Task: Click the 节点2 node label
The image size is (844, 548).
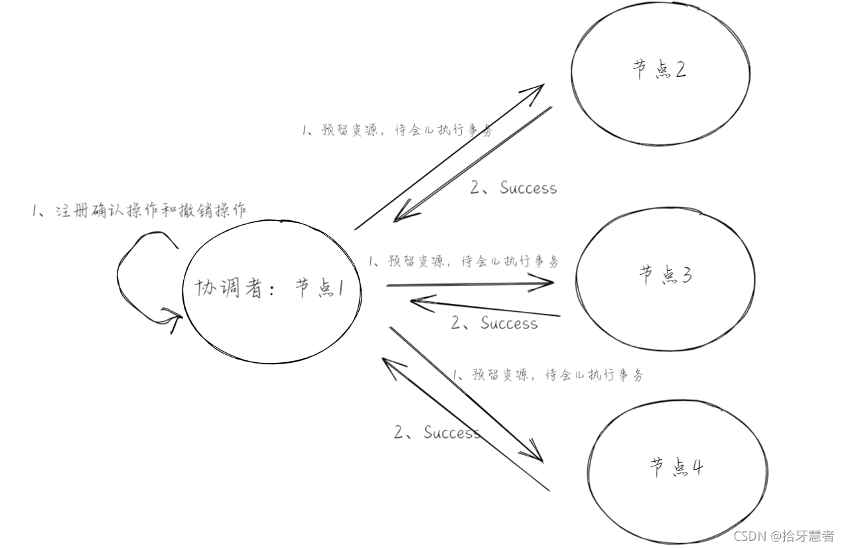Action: tap(660, 69)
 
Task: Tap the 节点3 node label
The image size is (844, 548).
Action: tap(666, 274)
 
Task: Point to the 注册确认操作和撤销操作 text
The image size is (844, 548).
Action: tap(139, 211)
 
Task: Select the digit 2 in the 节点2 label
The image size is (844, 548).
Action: tap(680, 69)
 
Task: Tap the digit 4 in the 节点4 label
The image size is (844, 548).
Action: tap(696, 468)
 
